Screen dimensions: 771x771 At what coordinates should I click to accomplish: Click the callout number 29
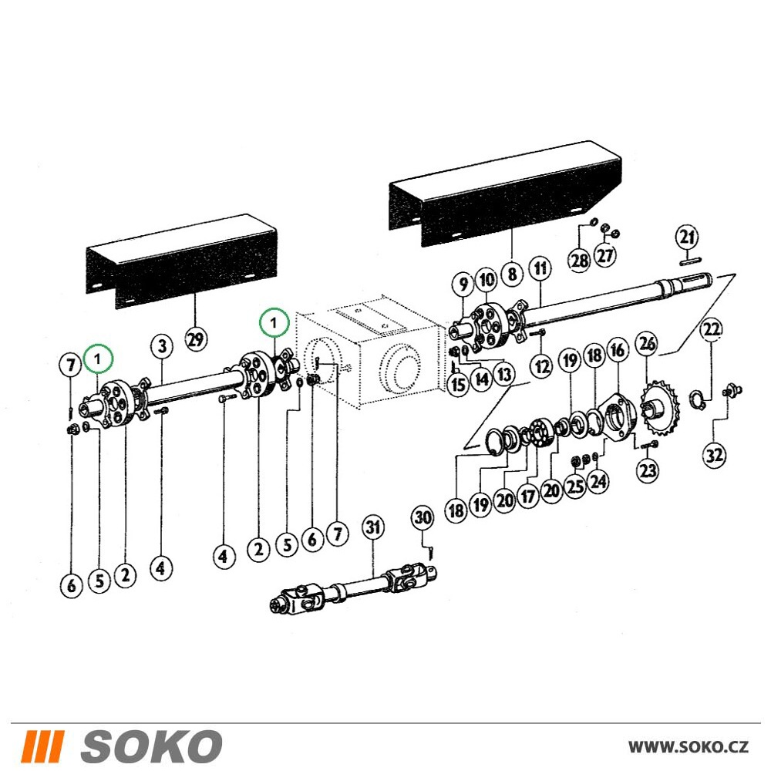pyautogui.click(x=196, y=338)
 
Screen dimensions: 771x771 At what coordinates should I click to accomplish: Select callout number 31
pyautogui.click(x=372, y=527)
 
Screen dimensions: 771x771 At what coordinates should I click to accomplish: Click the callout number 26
pyautogui.click(x=648, y=343)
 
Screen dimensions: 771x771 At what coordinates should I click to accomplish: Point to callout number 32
pyautogui.click(x=714, y=455)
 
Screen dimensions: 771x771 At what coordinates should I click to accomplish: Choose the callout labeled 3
pyautogui.click(x=162, y=346)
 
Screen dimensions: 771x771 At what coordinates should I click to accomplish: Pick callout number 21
pyautogui.click(x=687, y=237)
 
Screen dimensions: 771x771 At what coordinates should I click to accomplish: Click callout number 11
pyautogui.click(x=540, y=268)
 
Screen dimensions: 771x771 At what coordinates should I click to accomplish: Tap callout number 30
pyautogui.click(x=423, y=517)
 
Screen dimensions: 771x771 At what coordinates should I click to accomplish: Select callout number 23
pyautogui.click(x=648, y=470)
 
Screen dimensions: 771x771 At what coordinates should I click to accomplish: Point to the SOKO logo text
pyautogui.click(x=151, y=746)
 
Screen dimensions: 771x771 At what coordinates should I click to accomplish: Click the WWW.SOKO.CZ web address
pyautogui.click(x=689, y=746)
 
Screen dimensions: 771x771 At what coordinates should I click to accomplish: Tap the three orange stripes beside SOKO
pyautogui.click(x=44, y=746)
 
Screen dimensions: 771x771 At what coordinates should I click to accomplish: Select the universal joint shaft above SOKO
pyautogui.click(x=354, y=588)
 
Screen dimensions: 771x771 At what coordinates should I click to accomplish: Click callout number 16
pyautogui.click(x=617, y=350)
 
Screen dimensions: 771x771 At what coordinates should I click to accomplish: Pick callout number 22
pyautogui.click(x=712, y=329)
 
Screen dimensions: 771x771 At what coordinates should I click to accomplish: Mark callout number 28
pyautogui.click(x=580, y=260)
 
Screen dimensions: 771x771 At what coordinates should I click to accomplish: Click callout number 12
pyautogui.click(x=541, y=366)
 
